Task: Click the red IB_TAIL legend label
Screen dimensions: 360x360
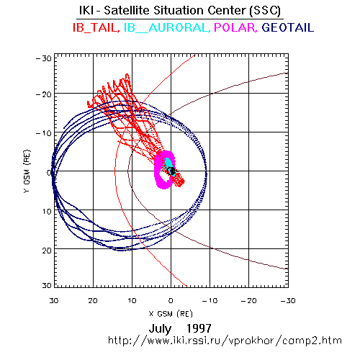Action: click(x=96, y=27)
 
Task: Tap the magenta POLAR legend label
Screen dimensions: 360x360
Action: click(x=235, y=27)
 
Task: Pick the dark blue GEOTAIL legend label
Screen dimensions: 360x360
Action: click(x=287, y=27)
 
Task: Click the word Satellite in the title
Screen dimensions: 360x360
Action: click(x=127, y=11)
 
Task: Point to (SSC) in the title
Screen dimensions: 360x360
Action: click(x=265, y=11)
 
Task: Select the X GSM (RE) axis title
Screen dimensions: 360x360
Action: click(x=171, y=314)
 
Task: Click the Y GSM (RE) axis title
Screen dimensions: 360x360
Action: click(x=27, y=171)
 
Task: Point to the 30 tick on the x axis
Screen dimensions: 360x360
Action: click(x=54, y=301)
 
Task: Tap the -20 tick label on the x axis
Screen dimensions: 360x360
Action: click(x=249, y=301)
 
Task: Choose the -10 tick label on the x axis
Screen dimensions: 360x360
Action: click(x=210, y=301)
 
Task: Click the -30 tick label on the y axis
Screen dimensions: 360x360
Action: click(x=44, y=58)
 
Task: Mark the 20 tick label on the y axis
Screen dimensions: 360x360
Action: click(x=47, y=251)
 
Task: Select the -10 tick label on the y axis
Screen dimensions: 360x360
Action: click(x=44, y=133)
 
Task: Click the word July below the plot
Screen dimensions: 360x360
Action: click(x=160, y=328)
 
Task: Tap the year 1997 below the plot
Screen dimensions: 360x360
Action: click(x=199, y=328)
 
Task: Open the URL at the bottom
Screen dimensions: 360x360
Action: click(x=225, y=341)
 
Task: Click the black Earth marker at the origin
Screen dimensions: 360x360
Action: click(x=171, y=171)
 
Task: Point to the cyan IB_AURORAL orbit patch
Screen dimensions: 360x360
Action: click(x=170, y=165)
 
